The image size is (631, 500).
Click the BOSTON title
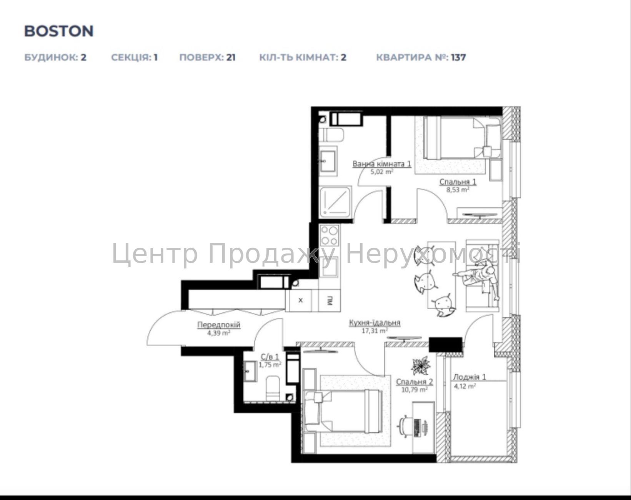(59, 31)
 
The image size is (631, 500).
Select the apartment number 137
(458, 57)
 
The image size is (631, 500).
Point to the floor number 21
(231, 57)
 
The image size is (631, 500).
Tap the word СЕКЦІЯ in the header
(131, 57)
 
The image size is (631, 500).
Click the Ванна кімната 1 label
(382, 163)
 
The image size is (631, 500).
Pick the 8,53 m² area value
(458, 190)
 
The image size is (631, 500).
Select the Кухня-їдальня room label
(375, 323)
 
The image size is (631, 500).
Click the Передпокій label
(219, 325)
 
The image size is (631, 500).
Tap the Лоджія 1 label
(470, 377)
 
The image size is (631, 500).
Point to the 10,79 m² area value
(414, 390)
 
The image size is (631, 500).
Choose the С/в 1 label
(270, 357)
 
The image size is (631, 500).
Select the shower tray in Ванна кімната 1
(335, 202)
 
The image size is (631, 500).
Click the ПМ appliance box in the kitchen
(330, 301)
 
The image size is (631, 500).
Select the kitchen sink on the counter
(329, 267)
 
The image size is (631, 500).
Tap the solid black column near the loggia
(446, 345)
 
